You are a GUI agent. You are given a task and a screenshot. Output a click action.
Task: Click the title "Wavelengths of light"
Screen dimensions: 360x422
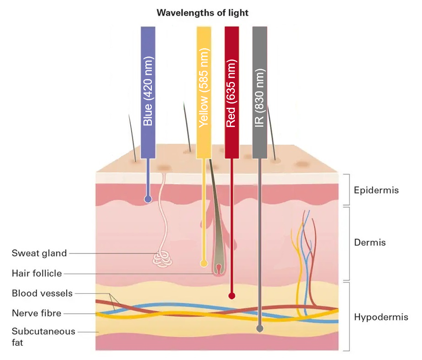coord(202,13)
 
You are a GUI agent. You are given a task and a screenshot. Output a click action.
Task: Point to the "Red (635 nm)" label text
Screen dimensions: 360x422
coord(231,93)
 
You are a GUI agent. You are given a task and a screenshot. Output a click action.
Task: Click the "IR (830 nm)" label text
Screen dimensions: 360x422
coord(259,97)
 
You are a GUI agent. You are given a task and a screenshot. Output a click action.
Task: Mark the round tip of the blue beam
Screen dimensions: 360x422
coord(148,199)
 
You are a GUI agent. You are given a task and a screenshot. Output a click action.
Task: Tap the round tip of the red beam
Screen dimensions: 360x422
coord(232,296)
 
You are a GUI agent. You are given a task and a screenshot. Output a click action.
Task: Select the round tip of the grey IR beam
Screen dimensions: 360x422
coord(260,329)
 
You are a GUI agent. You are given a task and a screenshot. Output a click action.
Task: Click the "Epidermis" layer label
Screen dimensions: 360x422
coord(376,190)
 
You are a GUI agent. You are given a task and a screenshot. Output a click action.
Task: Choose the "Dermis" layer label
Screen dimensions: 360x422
coord(370,243)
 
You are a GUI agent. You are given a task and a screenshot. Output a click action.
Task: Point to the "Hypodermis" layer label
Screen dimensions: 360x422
coord(381,317)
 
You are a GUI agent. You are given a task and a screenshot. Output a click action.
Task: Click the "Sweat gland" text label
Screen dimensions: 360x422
coord(39,253)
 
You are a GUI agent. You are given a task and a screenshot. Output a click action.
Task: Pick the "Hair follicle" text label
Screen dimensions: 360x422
coord(37,273)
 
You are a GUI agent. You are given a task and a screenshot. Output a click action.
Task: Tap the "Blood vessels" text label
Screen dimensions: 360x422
coord(42,293)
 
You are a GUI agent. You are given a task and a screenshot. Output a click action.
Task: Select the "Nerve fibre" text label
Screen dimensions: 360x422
coord(37,312)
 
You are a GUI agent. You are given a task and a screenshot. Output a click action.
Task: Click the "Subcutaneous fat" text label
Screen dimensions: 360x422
coord(43,336)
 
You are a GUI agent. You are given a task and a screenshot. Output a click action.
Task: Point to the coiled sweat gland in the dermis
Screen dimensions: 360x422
coord(163,258)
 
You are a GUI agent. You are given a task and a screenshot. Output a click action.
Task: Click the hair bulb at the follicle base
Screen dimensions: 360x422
coord(219,268)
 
